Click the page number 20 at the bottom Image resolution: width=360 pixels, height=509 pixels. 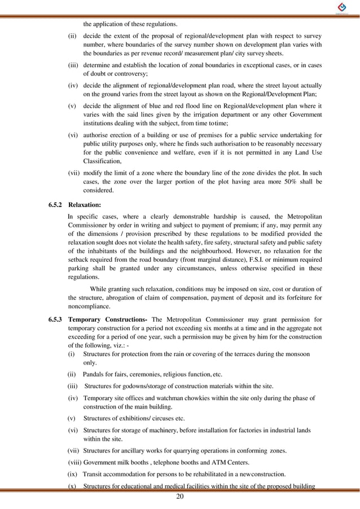coord(180,497)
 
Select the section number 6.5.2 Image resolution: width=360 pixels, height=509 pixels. coord(58,205)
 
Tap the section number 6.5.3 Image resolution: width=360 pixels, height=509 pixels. coord(58,320)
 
